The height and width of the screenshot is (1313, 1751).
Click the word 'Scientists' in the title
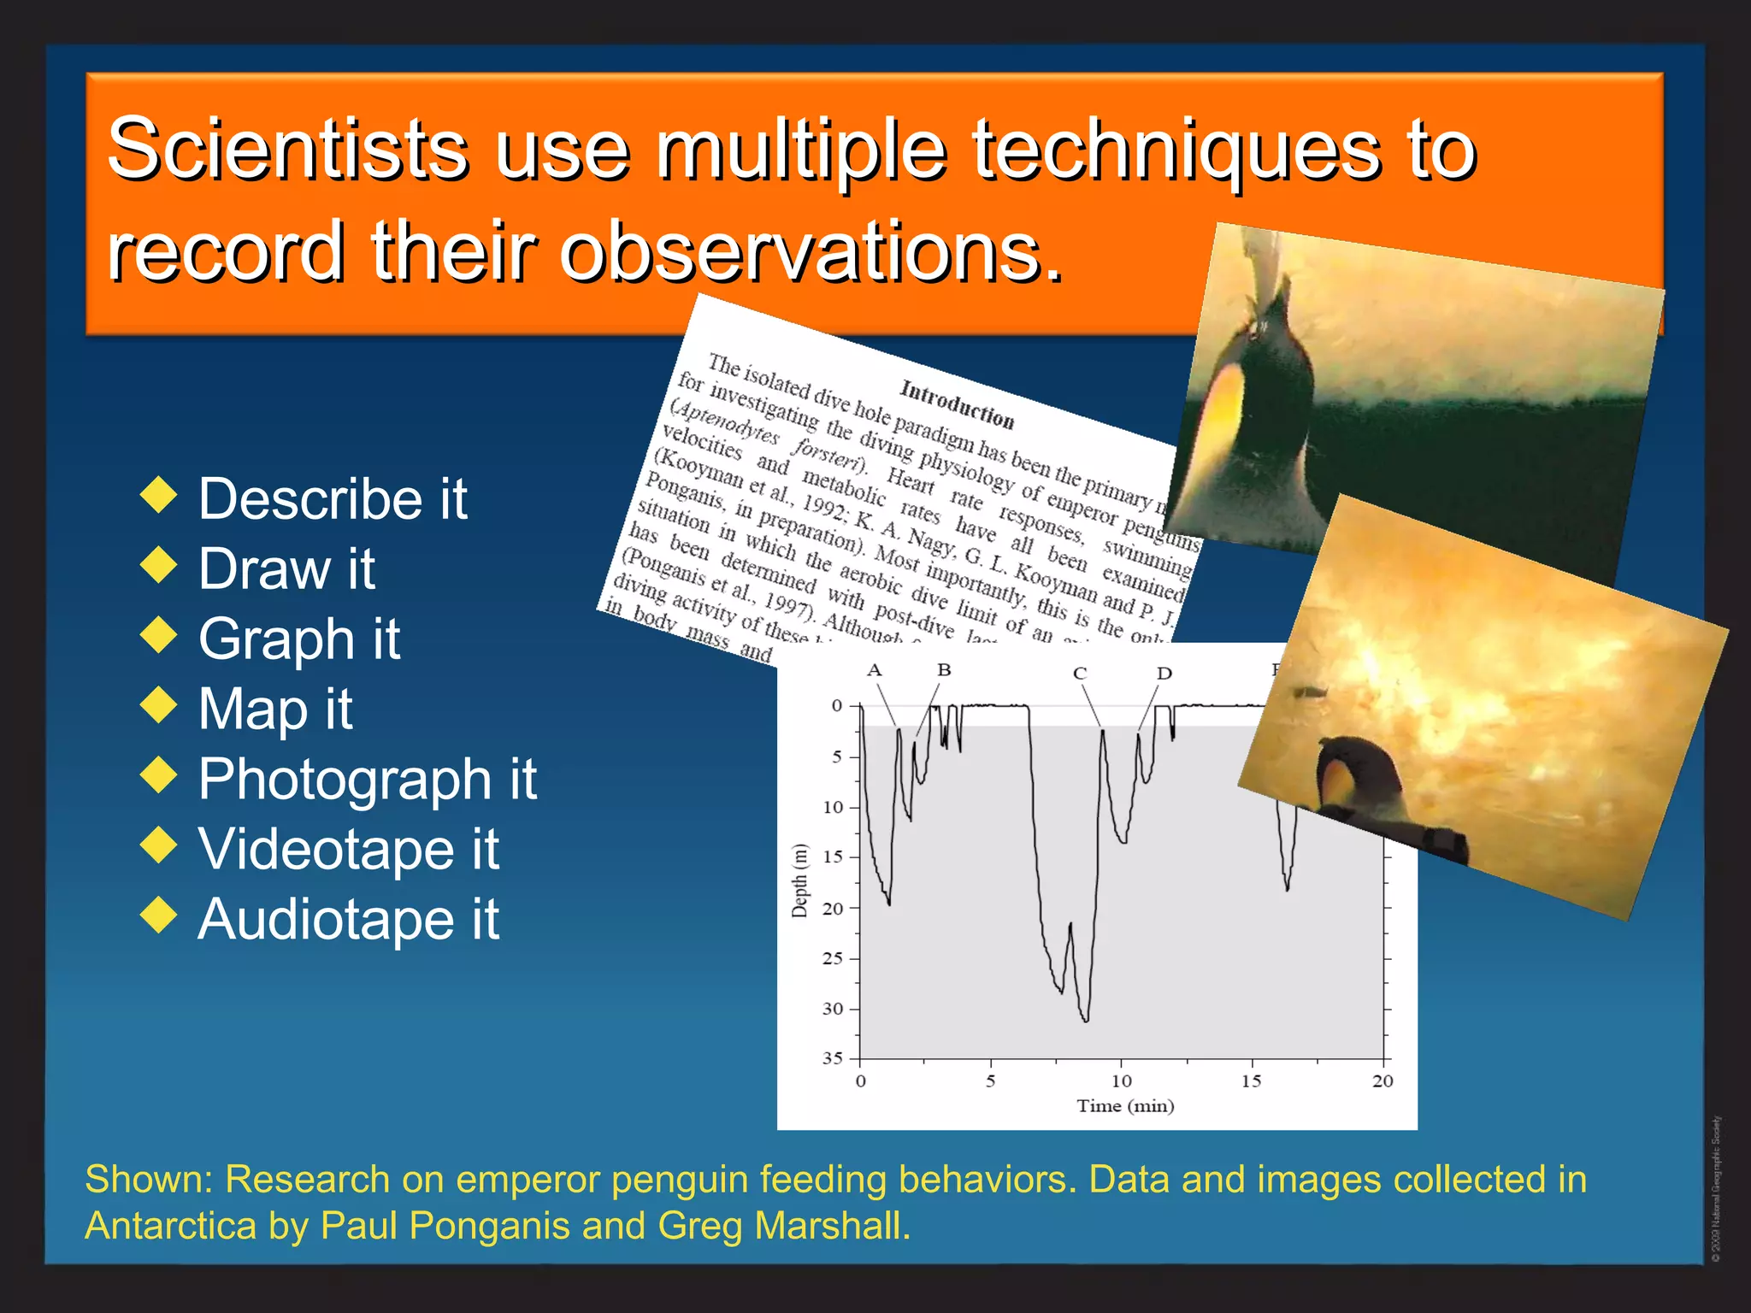coord(287,149)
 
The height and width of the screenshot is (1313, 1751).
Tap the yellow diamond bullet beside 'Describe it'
coord(158,495)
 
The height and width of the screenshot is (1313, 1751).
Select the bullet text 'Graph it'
coord(298,639)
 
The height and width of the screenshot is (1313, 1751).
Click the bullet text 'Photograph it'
coord(367,779)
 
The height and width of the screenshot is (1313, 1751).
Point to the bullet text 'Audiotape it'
coord(348,919)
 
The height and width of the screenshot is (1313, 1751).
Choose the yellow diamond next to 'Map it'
coord(158,705)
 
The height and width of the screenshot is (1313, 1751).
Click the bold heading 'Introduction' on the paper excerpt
coord(957,404)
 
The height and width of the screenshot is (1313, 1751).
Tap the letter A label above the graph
coord(874,670)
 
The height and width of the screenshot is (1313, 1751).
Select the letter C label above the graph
coord(1080,674)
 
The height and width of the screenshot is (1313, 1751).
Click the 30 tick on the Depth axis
coord(834,1009)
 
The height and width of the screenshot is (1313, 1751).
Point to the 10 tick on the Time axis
coord(1122,1081)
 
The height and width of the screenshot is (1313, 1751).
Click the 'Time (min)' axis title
coord(1125,1106)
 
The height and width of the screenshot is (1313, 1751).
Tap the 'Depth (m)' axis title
coord(799,880)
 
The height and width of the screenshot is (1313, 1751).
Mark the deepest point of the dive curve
coord(1086,1021)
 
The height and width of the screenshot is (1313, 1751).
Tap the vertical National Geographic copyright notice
coord(1716,1188)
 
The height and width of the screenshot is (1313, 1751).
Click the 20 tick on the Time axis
coord(1383,1081)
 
